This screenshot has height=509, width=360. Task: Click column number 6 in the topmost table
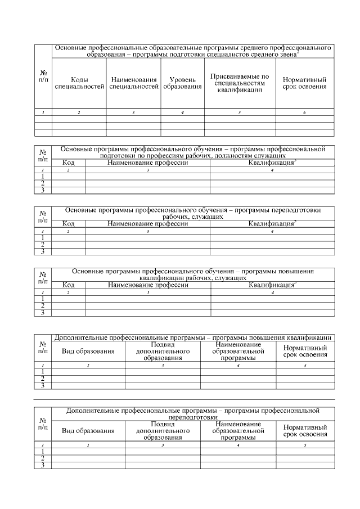(x=304, y=113)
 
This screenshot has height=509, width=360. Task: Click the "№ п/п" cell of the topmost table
(x=43, y=76)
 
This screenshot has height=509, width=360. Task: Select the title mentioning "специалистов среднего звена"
(x=192, y=51)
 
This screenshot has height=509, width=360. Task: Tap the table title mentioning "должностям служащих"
(x=192, y=152)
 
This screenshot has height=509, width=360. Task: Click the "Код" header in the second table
(x=68, y=163)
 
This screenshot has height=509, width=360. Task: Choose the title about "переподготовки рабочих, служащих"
(x=192, y=213)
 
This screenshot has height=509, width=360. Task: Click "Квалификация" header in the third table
(x=272, y=223)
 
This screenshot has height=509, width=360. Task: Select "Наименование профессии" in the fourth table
(x=148, y=285)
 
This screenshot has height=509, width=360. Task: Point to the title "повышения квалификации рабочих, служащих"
(x=192, y=274)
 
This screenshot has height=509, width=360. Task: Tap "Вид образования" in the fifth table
(x=88, y=352)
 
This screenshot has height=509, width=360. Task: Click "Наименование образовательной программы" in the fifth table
(x=238, y=351)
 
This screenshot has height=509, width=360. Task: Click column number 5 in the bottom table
(x=305, y=445)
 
